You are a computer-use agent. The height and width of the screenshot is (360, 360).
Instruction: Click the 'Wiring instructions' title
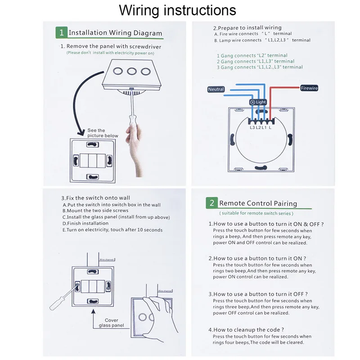click(177, 10)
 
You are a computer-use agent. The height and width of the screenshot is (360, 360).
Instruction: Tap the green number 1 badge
click(61, 32)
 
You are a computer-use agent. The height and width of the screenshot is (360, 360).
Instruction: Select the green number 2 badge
click(211, 203)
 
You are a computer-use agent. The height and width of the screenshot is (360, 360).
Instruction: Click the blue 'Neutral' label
click(216, 89)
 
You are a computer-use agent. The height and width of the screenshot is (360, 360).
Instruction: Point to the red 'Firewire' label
click(309, 88)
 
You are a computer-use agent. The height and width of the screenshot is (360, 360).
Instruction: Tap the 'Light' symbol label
click(258, 102)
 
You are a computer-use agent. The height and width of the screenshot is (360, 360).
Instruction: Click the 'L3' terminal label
click(252, 128)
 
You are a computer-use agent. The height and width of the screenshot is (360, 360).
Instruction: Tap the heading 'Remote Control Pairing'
click(258, 203)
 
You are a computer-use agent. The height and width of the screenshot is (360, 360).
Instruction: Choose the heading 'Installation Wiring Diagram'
click(115, 33)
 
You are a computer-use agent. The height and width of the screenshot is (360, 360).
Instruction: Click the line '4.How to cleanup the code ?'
click(246, 329)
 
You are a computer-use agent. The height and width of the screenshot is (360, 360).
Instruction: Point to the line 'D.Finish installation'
click(85, 223)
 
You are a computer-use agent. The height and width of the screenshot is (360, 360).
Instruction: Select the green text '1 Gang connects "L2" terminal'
click(252, 56)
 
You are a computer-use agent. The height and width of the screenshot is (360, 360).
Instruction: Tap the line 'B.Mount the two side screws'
click(95, 210)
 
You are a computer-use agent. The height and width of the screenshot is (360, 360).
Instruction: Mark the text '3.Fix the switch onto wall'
click(95, 198)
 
